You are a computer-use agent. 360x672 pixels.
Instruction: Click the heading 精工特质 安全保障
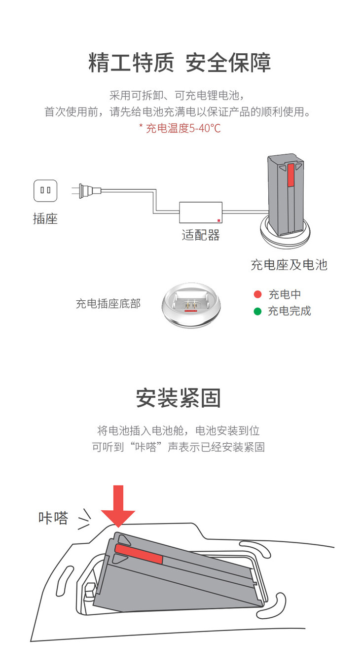click(180, 64)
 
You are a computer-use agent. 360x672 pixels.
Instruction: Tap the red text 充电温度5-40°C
click(180, 129)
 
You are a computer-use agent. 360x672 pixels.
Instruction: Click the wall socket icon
click(45, 190)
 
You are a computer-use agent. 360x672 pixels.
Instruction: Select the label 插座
click(45, 219)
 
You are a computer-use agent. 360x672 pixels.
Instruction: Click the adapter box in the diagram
click(201, 213)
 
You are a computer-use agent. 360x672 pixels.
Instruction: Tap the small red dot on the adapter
click(218, 220)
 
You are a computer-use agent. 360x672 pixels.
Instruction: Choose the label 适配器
click(201, 235)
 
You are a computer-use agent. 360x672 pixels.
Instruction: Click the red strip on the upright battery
click(291, 175)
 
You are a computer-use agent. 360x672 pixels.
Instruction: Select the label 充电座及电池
click(289, 265)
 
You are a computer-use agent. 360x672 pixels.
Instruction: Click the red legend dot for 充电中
click(257, 295)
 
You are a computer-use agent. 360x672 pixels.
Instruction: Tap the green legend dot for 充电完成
click(257, 311)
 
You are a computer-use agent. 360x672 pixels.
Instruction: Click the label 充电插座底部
click(108, 304)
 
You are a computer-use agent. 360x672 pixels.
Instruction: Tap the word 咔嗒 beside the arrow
click(53, 518)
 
